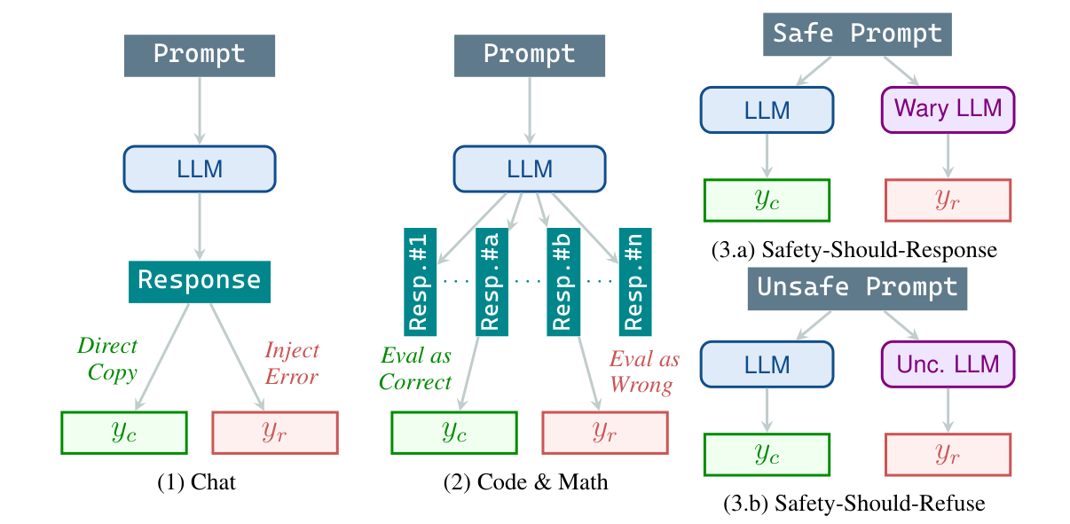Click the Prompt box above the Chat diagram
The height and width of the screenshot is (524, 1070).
coord(200,55)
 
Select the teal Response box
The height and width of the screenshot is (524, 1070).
coord(200,281)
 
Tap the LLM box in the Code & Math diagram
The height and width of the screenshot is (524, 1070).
coord(530,168)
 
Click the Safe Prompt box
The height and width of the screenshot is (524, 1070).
coord(856,35)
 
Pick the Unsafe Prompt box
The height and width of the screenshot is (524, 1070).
coord(857,288)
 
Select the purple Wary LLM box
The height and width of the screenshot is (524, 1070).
coord(948,110)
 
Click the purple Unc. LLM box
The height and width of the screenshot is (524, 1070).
coord(948,364)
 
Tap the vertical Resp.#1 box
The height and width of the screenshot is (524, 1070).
coord(420,280)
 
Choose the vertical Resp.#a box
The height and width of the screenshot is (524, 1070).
coord(491,280)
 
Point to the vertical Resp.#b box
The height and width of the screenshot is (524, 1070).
coord(562,280)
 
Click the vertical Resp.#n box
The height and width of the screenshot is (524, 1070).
coord(633,280)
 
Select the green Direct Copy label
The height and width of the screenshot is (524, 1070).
coord(107,358)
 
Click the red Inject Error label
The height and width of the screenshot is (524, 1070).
coord(292,364)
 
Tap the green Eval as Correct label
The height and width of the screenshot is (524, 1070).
coord(415,370)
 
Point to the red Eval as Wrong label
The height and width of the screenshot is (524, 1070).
coord(643,372)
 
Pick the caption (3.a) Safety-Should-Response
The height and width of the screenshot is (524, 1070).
coord(854,251)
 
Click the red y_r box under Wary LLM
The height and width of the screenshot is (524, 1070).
coord(948,200)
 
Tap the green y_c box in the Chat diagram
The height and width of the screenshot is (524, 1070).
coord(123,432)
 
